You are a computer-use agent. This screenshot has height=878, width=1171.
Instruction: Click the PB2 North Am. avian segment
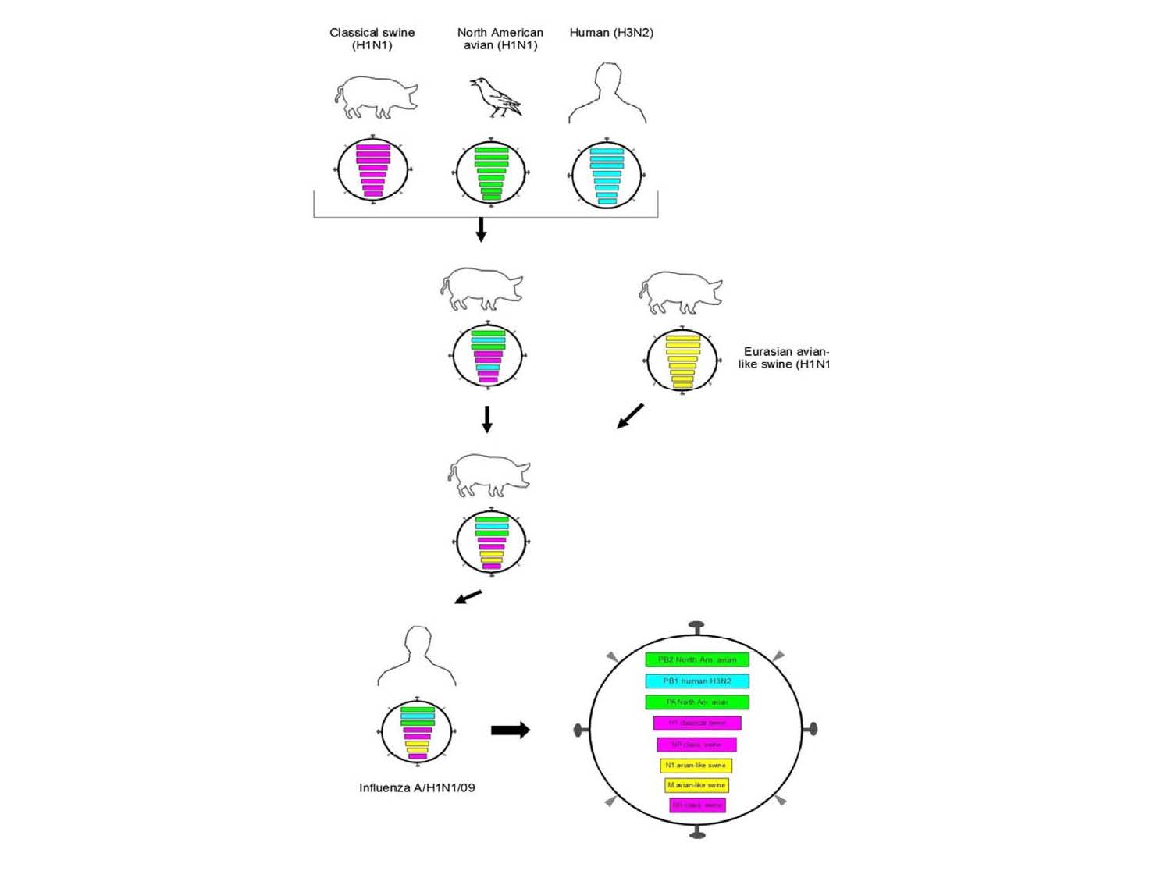(x=696, y=659)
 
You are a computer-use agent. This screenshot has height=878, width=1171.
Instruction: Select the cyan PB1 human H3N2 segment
(x=696, y=681)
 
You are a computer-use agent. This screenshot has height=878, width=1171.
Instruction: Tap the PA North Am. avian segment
(x=696, y=702)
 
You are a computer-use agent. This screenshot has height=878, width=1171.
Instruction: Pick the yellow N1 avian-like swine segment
(x=696, y=765)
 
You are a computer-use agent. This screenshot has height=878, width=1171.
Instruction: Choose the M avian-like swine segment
(x=696, y=785)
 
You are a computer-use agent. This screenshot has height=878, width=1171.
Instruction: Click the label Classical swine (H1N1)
(x=372, y=38)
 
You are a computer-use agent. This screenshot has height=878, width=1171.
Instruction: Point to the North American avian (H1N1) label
(x=500, y=38)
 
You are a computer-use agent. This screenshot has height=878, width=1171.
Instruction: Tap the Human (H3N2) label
(x=611, y=32)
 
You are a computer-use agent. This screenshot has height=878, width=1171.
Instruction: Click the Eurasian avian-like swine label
(x=785, y=357)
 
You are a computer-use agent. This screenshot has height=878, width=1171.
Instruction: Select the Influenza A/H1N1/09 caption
(x=417, y=787)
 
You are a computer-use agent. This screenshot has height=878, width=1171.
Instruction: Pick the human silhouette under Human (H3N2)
(x=607, y=95)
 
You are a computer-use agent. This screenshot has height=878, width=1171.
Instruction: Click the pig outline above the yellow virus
(x=681, y=292)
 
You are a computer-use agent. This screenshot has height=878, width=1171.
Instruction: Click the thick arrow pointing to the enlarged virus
(x=511, y=730)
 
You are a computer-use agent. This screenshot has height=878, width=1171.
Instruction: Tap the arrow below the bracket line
(x=481, y=229)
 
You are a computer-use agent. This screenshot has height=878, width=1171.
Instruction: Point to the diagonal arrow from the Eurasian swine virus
(x=630, y=416)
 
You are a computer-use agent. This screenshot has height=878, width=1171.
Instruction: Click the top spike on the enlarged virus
(x=696, y=627)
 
